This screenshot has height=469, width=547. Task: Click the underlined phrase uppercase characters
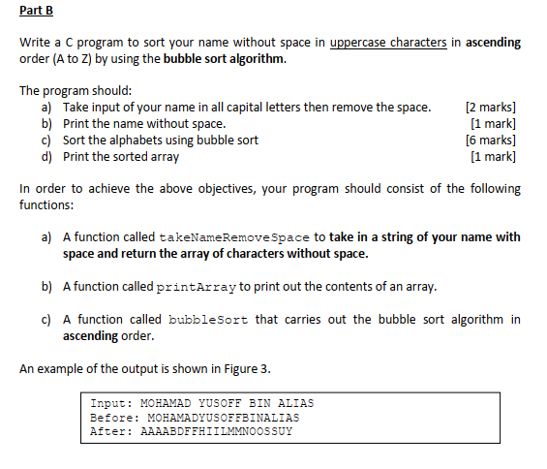click(388, 43)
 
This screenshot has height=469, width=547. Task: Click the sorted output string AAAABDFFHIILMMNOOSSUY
click(217, 432)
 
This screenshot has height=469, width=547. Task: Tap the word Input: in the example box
click(111, 403)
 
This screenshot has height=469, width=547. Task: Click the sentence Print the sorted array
click(121, 156)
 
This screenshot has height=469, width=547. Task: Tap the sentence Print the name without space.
click(144, 123)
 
